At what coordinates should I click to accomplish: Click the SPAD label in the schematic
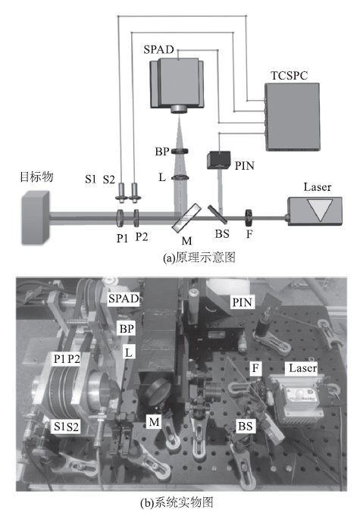158,49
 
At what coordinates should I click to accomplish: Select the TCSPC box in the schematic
293,117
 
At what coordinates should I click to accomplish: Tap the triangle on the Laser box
318,211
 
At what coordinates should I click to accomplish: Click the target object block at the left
36,218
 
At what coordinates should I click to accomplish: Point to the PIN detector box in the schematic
218,160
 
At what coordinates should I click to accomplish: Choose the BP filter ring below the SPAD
180,152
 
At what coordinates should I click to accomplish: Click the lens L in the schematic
180,178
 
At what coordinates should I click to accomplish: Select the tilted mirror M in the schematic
186,217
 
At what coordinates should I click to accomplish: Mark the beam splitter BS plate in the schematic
217,214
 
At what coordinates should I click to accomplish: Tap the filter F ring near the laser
249,217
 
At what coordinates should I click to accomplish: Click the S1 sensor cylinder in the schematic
121,192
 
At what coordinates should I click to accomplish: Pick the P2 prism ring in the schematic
136,218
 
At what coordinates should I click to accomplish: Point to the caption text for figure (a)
199,258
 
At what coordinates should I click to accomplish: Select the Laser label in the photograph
302,368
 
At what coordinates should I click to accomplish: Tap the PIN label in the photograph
243,302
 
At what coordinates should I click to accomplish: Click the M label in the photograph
154,421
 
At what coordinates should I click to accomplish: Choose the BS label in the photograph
245,426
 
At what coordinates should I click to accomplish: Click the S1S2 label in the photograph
67,427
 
